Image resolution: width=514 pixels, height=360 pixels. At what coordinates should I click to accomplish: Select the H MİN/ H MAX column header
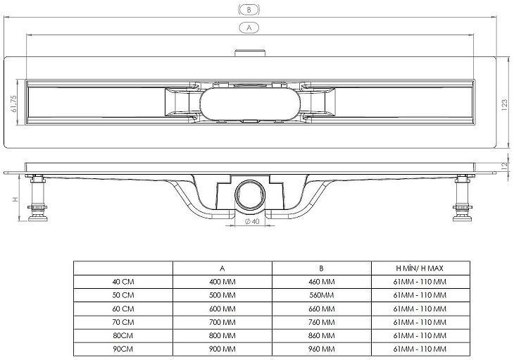420,268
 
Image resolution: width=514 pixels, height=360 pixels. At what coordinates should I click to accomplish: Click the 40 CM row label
123,282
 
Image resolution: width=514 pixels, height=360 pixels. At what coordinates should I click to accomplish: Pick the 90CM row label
123,349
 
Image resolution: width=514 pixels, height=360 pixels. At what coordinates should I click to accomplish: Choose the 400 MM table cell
222,282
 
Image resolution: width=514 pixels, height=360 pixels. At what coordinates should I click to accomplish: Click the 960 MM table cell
321,349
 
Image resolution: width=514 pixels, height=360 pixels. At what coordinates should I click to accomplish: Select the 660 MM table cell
321,309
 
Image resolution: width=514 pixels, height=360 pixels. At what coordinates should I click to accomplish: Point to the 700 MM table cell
222,322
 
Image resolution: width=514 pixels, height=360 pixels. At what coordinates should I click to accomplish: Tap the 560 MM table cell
321,295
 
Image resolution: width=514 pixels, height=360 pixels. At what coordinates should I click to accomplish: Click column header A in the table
222,268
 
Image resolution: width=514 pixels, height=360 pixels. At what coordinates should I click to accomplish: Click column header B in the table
321,268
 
